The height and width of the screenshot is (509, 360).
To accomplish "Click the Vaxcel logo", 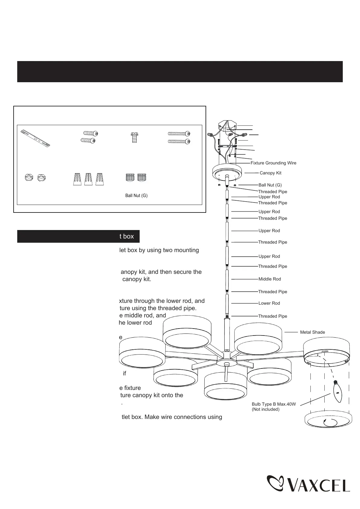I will (308, 484).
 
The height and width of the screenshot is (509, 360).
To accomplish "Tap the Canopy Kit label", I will (270, 173).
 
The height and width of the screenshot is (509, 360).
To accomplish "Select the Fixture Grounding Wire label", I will (273, 163).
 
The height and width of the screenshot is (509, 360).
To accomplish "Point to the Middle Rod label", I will (269, 279).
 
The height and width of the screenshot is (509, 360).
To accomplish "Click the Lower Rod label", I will (269, 303).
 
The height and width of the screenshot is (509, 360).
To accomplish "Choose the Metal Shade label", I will (312, 332).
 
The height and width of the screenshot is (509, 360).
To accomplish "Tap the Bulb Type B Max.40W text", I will (274, 404).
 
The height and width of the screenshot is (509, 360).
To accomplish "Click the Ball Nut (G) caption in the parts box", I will (136, 196).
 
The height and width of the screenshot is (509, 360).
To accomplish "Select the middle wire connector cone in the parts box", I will (88, 179).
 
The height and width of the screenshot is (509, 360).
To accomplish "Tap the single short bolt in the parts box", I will (135, 137).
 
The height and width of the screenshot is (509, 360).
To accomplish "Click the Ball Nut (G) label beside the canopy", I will (270, 185).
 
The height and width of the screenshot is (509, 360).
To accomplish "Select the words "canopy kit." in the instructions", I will (136, 279).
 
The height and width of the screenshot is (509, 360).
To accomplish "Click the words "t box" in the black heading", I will (126, 236).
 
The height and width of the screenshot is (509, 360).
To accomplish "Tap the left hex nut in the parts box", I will (29, 178).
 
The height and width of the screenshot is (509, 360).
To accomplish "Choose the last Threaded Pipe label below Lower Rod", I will (272, 316).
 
